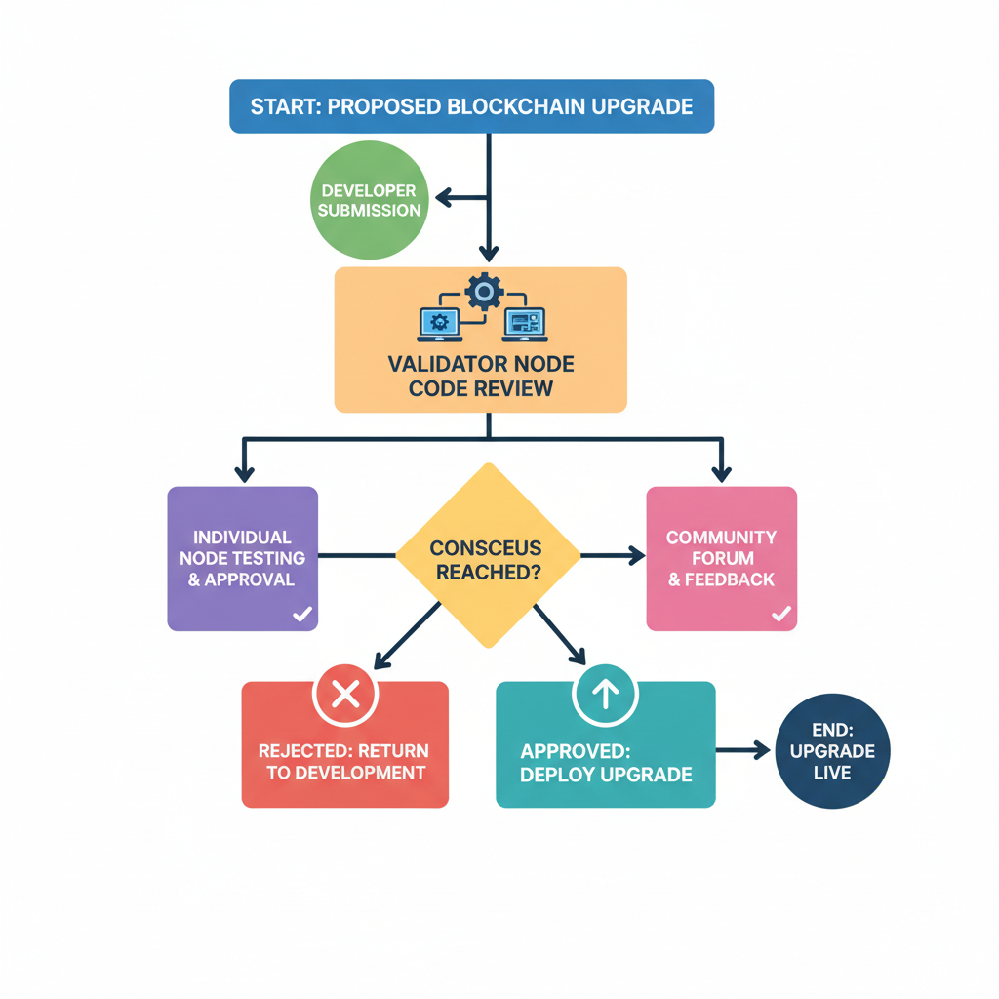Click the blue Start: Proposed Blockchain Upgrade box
pyautogui.click(x=471, y=106)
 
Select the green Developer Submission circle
pyautogui.click(x=370, y=200)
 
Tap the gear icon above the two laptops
pyautogui.click(x=484, y=291)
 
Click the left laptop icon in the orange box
pyautogui.click(x=439, y=324)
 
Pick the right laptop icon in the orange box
pyautogui.click(x=524, y=324)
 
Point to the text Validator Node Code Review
pyautogui.click(x=481, y=377)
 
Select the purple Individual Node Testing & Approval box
pyautogui.click(x=243, y=558)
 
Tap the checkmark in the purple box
pyautogui.click(x=302, y=614)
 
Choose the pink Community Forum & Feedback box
pyautogui.click(x=721, y=558)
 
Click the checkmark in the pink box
pyautogui.click(x=780, y=614)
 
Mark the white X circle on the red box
pyautogui.click(x=344, y=695)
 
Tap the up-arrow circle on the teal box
pyautogui.click(x=605, y=695)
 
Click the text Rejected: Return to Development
pyautogui.click(x=343, y=762)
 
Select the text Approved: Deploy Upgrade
pyautogui.click(x=606, y=764)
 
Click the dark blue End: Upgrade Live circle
pyautogui.click(x=832, y=751)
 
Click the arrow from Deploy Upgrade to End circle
pyautogui.click(x=744, y=750)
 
